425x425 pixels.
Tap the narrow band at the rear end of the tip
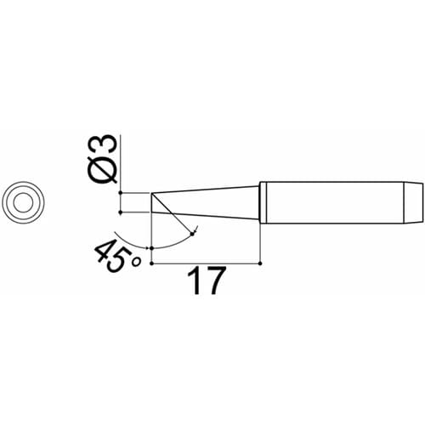click(x=415, y=202)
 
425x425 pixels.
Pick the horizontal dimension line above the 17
click(x=204, y=264)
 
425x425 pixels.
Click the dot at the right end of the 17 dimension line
click(x=258, y=264)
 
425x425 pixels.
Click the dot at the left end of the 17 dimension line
click(x=150, y=264)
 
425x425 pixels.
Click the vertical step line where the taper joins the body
click(x=258, y=202)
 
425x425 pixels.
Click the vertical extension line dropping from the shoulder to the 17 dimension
click(x=258, y=242)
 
